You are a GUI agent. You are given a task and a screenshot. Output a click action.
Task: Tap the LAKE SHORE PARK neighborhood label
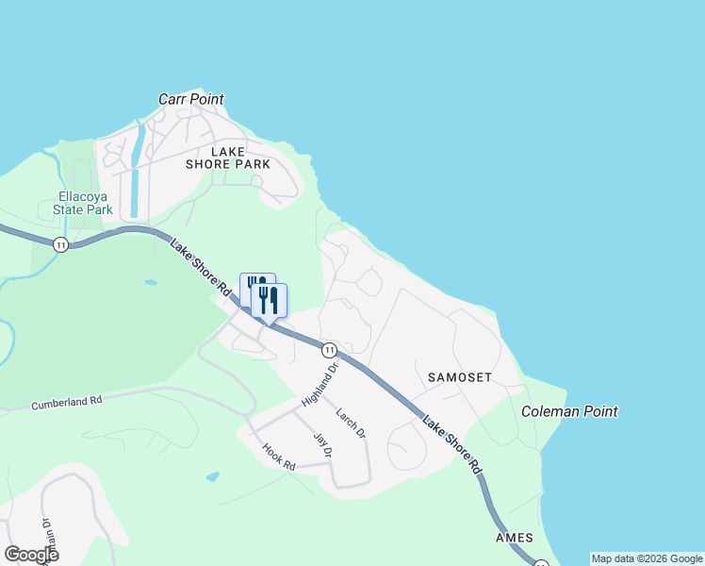point(240,158)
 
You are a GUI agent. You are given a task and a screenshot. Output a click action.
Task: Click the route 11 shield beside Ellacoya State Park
point(61,244)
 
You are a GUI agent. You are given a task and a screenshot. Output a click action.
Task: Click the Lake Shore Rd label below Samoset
point(451,444)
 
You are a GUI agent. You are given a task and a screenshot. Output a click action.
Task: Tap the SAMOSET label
point(460,377)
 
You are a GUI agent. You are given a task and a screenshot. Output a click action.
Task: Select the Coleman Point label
point(569,411)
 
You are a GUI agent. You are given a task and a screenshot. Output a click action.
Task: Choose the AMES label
point(515,538)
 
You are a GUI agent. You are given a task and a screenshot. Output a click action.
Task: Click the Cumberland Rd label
point(66,403)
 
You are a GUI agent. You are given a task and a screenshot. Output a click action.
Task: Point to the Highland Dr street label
point(320,388)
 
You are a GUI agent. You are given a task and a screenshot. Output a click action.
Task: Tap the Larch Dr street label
point(351,423)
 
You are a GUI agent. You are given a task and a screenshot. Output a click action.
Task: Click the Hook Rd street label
point(279,458)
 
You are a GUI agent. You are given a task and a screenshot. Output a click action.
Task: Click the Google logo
point(31,555)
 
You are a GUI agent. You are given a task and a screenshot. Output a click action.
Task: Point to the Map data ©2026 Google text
point(647,558)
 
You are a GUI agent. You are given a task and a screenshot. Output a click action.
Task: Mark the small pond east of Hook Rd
point(212,477)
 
